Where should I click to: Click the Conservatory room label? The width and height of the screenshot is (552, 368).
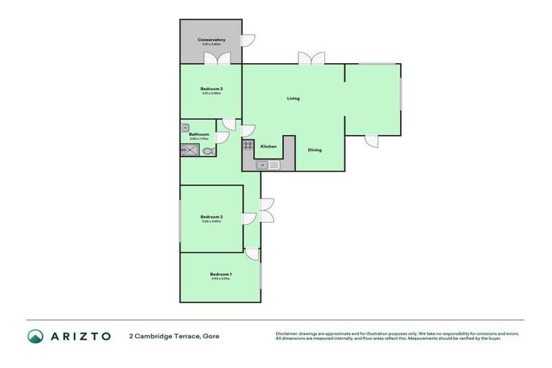(211, 40)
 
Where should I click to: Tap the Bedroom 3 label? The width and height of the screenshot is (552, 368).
(211, 89)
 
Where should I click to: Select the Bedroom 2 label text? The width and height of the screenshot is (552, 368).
(211, 216)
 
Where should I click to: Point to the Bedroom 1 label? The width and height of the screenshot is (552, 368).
(221, 274)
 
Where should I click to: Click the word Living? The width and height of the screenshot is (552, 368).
(293, 98)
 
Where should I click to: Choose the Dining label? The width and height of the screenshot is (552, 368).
(315, 150)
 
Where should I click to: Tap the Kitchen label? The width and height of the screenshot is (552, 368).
(268, 147)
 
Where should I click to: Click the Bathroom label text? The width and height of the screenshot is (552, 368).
(199, 134)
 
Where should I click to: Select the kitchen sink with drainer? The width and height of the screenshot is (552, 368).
(269, 165)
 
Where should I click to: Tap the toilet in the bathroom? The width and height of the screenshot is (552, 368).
(208, 152)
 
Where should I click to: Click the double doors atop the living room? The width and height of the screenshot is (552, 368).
(311, 59)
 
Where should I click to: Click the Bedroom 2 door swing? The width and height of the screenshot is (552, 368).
(249, 219)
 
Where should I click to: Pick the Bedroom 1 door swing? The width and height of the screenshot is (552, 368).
(252, 254)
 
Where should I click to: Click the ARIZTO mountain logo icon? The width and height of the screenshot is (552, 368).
(36, 336)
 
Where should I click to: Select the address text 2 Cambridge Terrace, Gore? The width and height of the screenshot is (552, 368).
(174, 336)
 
